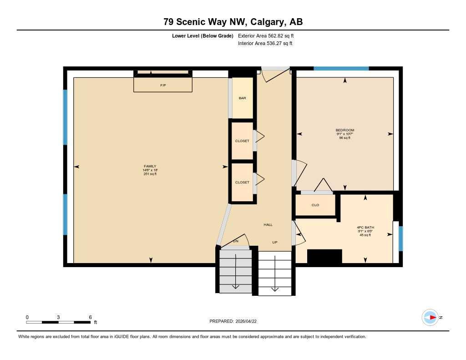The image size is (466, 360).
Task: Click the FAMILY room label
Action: (150, 166)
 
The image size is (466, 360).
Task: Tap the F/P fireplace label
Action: (163, 85)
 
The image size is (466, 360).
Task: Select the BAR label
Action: (242, 98)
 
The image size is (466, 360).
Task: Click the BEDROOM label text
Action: (344, 130)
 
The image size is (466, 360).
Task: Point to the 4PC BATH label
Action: (365, 227)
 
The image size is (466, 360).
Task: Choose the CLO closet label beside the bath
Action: (315, 205)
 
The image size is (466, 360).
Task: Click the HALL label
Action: (268, 225)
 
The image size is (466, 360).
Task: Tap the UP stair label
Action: (275, 242)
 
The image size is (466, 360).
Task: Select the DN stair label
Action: (236, 241)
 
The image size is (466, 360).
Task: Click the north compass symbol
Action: (431, 317)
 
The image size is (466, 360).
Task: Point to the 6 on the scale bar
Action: (91, 317)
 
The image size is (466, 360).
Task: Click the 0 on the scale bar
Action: (27, 317)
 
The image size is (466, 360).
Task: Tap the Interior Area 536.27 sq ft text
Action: (265, 44)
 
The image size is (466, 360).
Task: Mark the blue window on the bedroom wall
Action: (341, 68)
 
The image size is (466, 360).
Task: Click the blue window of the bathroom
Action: (400, 238)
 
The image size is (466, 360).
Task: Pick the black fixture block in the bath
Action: (324, 256)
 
